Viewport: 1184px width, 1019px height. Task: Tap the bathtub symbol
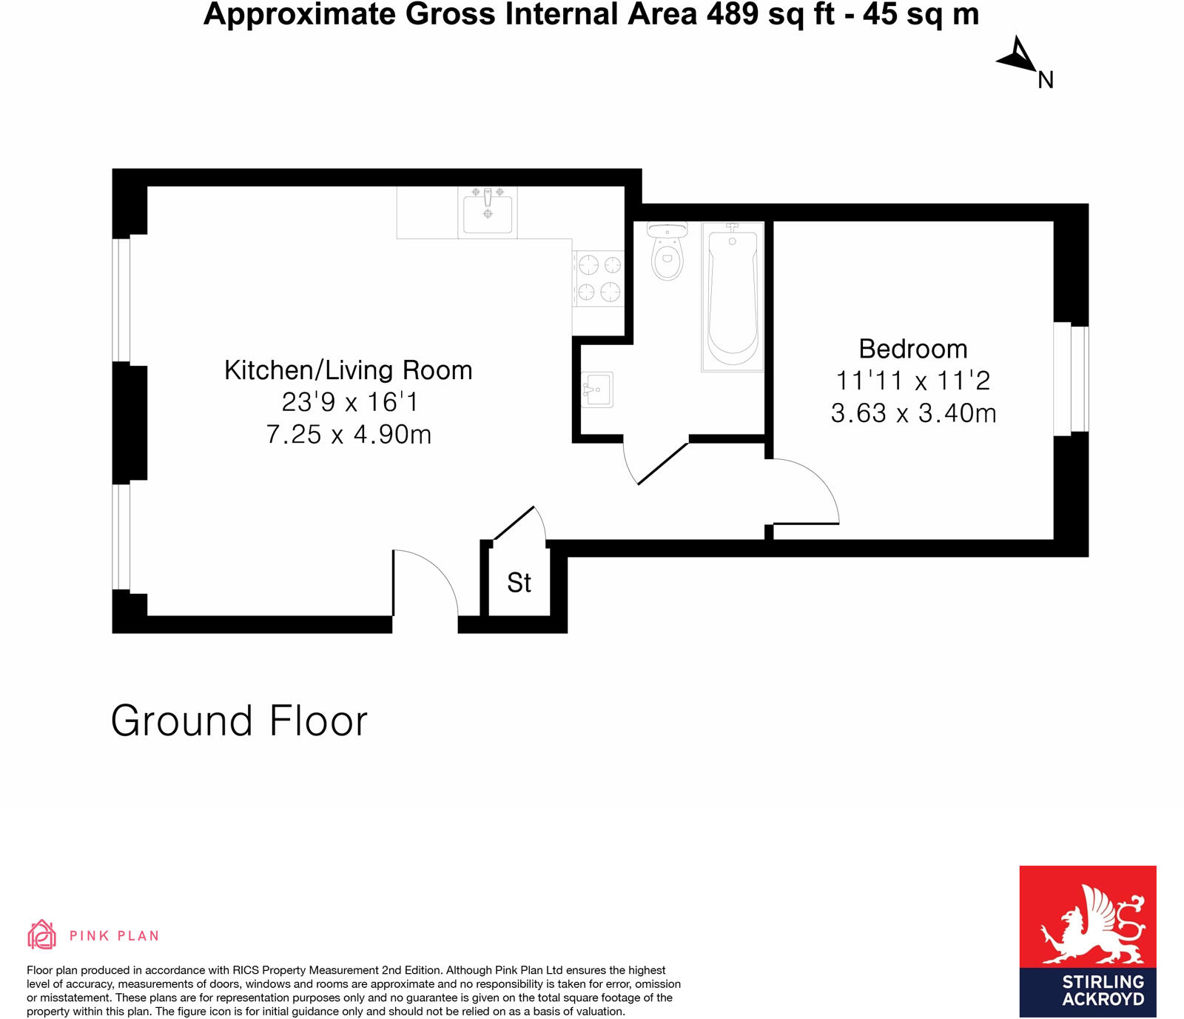[x=732, y=296]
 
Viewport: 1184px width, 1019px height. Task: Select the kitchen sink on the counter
[x=487, y=211]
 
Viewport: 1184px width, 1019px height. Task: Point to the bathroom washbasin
[x=597, y=390]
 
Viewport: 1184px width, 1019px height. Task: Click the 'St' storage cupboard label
[x=519, y=583]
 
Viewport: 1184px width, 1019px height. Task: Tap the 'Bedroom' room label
[x=912, y=349]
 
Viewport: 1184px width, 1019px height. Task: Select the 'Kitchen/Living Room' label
[x=348, y=370]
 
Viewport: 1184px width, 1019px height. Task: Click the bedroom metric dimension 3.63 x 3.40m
[x=913, y=413]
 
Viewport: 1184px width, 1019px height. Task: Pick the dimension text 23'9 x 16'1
[x=349, y=402]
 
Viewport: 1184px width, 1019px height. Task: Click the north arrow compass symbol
[x=1018, y=56]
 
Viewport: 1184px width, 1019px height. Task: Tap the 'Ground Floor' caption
[x=239, y=721]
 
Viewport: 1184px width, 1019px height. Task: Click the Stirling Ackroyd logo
[x=1087, y=941]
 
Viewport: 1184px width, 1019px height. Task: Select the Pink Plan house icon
[x=41, y=935]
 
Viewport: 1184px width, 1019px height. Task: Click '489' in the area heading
[x=733, y=14]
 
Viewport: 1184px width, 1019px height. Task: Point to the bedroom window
[x=1071, y=378]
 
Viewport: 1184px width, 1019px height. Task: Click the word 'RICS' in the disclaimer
[x=246, y=970]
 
